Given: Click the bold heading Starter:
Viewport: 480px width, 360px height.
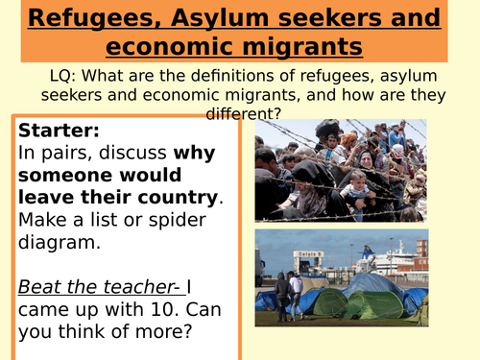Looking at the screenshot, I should [x=59, y=131].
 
